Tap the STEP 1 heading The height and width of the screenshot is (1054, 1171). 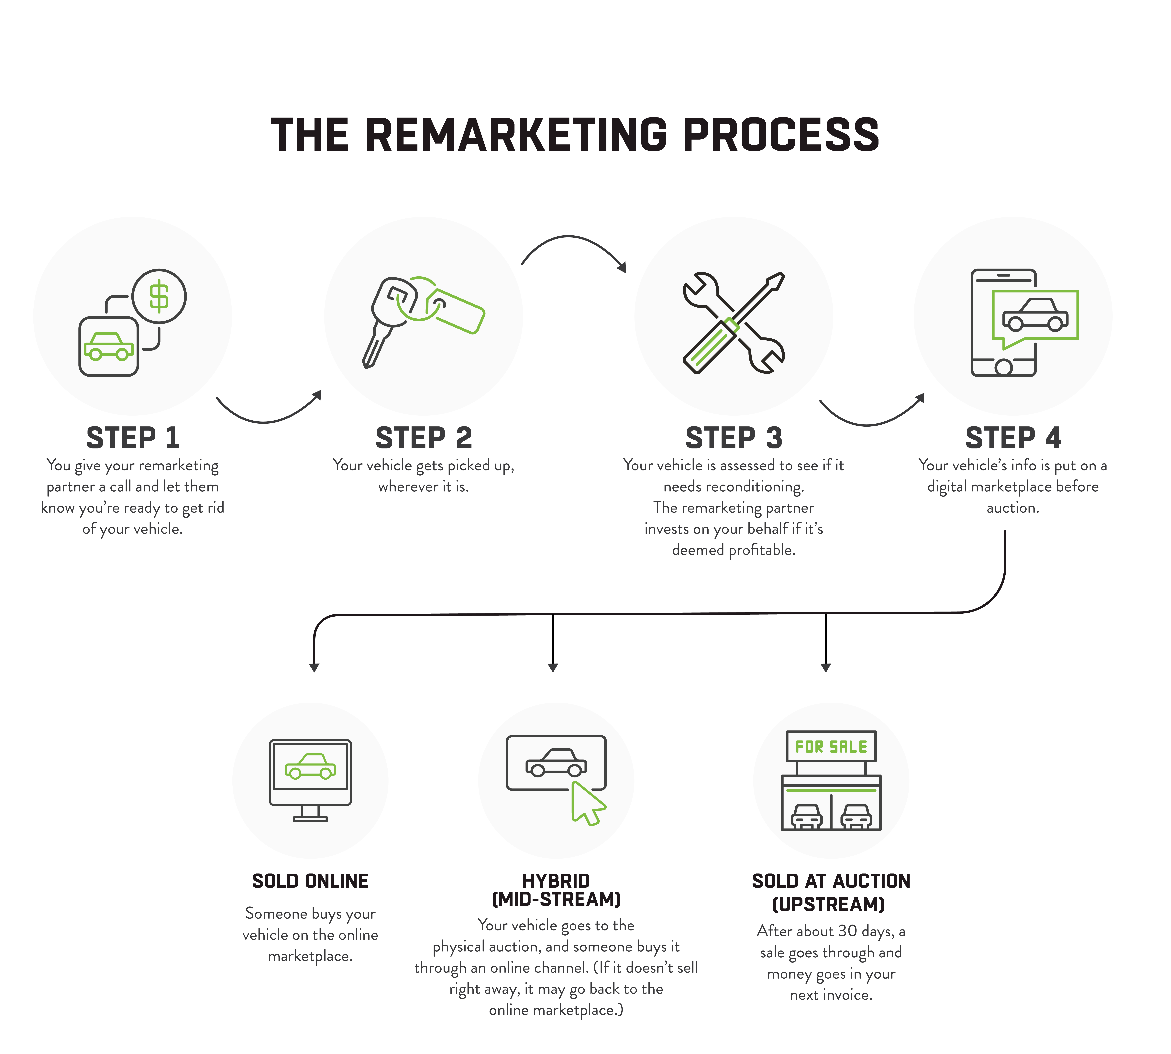pyautogui.click(x=133, y=438)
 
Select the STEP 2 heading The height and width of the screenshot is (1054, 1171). pyautogui.click(x=423, y=438)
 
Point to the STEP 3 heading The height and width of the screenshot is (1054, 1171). pyautogui.click(x=734, y=438)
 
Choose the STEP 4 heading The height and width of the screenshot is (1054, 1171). pyautogui.click(x=1013, y=438)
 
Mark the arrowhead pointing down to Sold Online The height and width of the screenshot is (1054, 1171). pyautogui.click(x=314, y=668)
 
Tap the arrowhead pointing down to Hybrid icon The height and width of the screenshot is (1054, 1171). pyautogui.click(x=553, y=668)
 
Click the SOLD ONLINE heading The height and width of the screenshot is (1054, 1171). pyautogui.click(x=310, y=881)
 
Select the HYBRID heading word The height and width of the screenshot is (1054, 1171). pyautogui.click(x=556, y=881)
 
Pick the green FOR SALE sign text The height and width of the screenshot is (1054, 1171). pyautogui.click(x=831, y=746)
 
